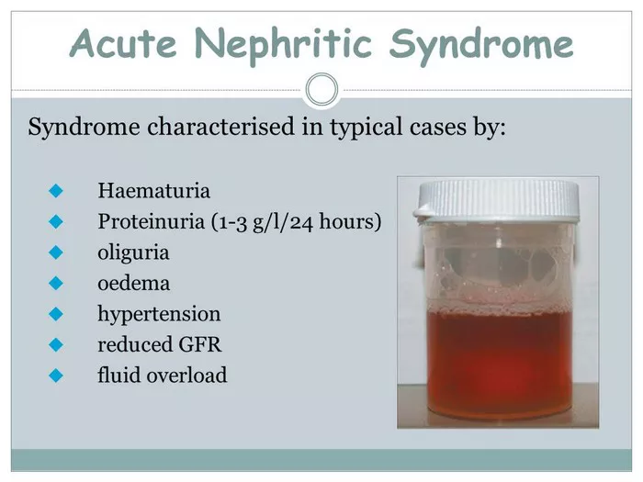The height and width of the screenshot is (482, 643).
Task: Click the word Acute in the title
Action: pyautogui.click(x=123, y=43)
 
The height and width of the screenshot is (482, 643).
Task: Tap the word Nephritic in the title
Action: pyautogui.click(x=283, y=45)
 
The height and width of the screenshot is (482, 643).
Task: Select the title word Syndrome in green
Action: pyautogui.click(x=480, y=46)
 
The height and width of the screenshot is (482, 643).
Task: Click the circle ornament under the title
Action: pyautogui.click(x=321, y=89)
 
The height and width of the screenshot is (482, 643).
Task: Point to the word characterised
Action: pyautogui.click(x=220, y=126)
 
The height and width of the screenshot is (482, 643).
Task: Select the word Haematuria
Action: pyautogui.click(x=153, y=191)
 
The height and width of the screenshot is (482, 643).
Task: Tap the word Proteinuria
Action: pyautogui.click(x=151, y=221)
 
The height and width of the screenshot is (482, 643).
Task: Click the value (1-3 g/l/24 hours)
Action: pyautogui.click(x=296, y=222)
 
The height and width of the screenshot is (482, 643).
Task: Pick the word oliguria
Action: pyautogui.click(x=133, y=252)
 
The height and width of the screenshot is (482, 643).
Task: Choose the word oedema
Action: pyautogui.click(x=134, y=283)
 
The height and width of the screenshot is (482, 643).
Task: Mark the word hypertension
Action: pyautogui.click(x=159, y=314)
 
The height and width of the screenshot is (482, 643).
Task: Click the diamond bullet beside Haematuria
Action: pyautogui.click(x=56, y=191)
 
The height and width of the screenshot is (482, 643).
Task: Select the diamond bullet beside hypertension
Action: pyautogui.click(x=56, y=314)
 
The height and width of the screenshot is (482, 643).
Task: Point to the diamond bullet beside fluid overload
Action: pyautogui.click(x=56, y=376)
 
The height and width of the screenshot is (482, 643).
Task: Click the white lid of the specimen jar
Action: pyautogui.click(x=497, y=199)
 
